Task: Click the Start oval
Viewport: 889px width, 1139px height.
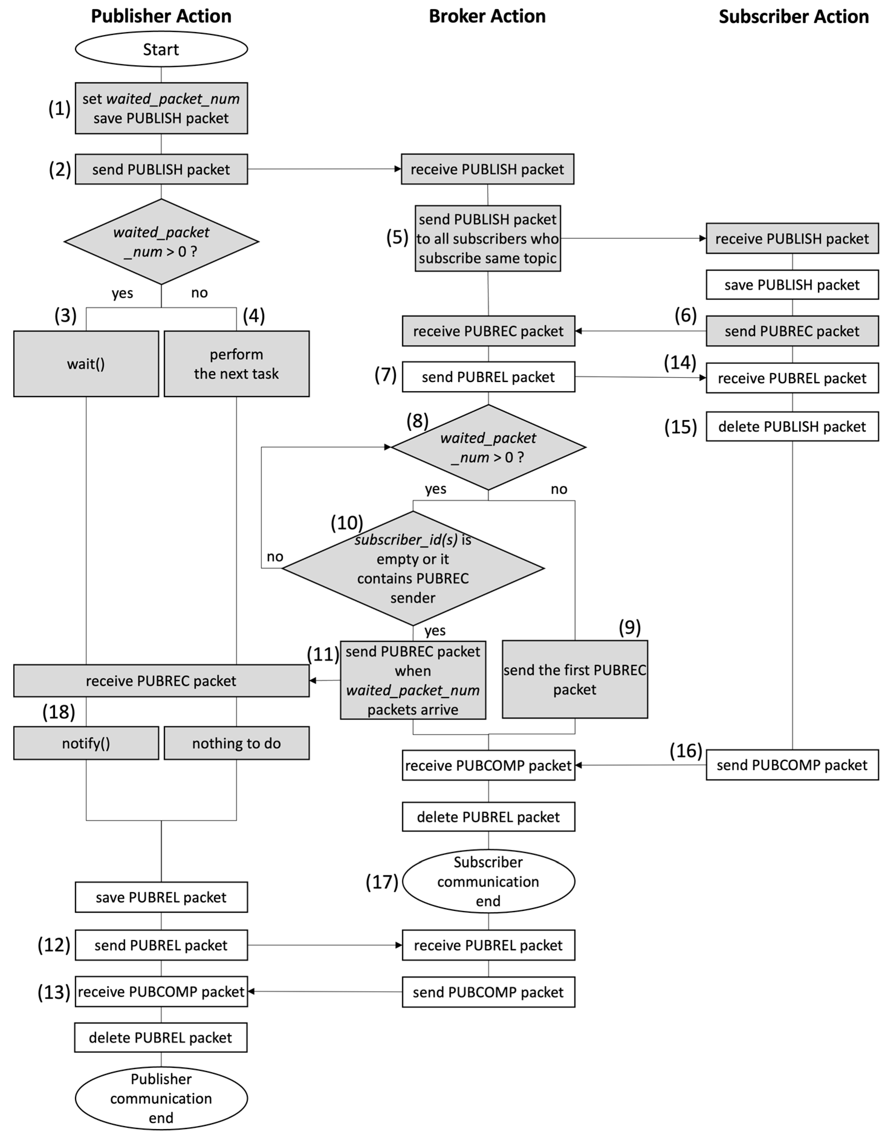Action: [161, 49]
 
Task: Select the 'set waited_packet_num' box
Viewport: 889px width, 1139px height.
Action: [161, 108]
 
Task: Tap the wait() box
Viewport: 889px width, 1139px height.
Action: [86, 364]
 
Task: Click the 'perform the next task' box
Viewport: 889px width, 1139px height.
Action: [237, 364]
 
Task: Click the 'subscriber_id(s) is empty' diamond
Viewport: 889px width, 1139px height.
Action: [413, 569]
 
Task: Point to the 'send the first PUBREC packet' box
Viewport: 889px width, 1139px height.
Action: [575, 680]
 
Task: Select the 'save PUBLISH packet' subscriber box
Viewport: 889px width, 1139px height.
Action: [792, 285]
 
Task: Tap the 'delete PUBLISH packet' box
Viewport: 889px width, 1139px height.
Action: [792, 427]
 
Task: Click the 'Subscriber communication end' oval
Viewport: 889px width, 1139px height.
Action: [488, 881]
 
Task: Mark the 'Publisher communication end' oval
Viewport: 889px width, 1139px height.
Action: [161, 1098]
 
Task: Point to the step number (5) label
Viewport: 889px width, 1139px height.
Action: [397, 238]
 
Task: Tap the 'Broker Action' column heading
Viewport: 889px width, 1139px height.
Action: [487, 16]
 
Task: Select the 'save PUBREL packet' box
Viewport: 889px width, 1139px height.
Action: [161, 897]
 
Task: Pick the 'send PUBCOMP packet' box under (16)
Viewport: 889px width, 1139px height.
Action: [792, 765]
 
